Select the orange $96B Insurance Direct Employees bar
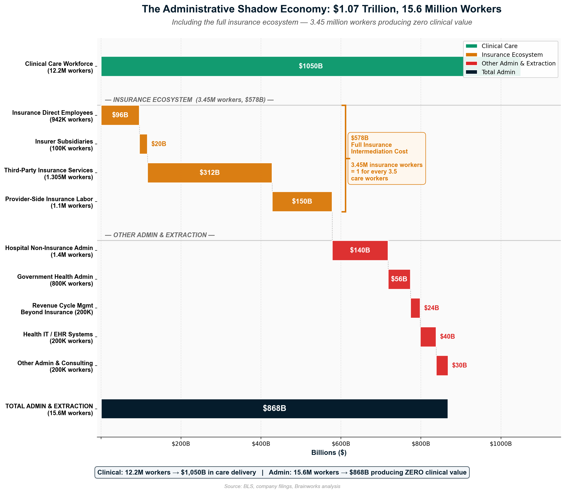point(120,115)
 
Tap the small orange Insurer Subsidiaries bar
point(143,144)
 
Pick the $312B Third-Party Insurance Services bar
point(210,173)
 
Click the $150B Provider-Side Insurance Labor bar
point(302,201)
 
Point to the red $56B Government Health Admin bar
point(399,279)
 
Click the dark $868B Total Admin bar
point(274,408)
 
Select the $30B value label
point(459,365)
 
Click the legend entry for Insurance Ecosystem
point(512,55)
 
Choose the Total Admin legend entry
point(498,72)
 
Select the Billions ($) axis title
point(329,453)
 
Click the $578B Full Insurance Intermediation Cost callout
point(386,158)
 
